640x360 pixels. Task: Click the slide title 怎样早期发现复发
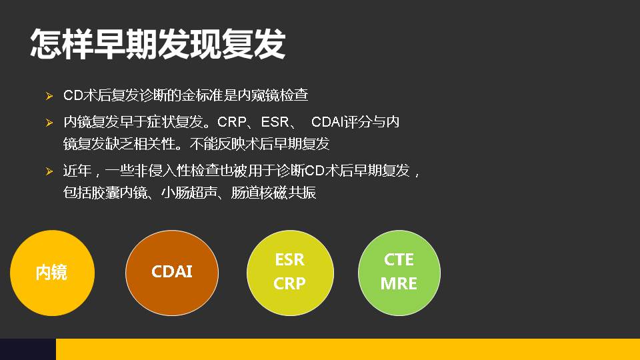point(158,44)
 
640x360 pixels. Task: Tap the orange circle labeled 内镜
point(52,273)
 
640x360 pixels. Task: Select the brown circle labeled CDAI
point(172,271)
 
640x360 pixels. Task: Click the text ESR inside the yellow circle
point(289,259)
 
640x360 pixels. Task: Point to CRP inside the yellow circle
point(289,283)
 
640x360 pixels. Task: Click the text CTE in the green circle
point(399,259)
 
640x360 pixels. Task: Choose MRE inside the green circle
point(399,283)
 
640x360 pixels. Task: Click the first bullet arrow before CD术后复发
point(49,97)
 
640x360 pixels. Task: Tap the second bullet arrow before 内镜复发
point(49,123)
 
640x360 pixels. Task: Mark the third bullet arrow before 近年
point(49,172)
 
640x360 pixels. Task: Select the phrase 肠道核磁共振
point(273,193)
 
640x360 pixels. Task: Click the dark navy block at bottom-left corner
point(27,349)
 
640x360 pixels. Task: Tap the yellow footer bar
point(347,349)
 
